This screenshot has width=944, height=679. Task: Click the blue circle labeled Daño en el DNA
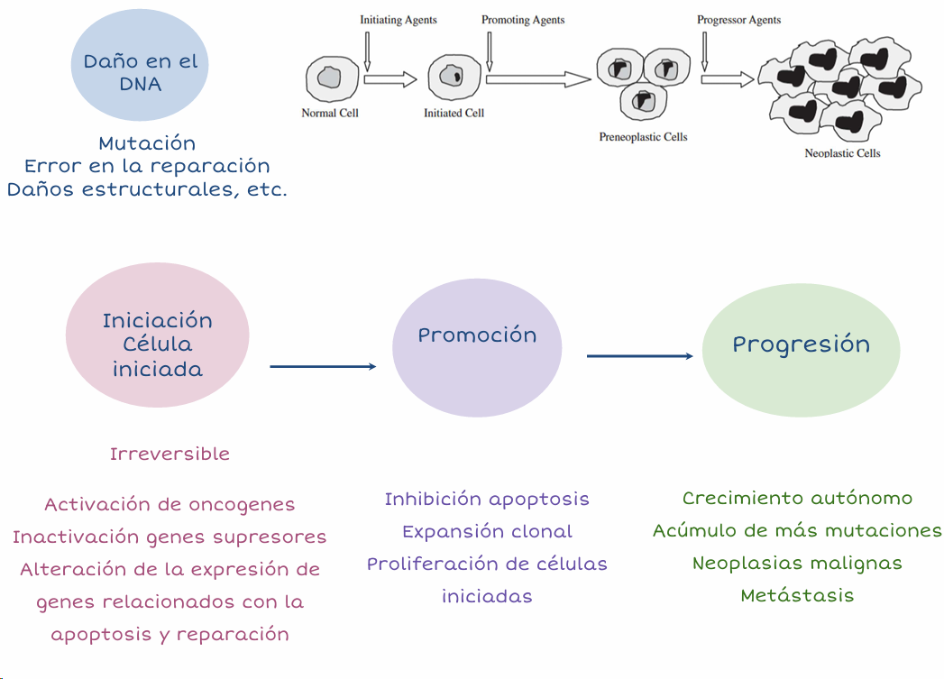click(x=140, y=72)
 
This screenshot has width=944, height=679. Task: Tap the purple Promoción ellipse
click(x=477, y=347)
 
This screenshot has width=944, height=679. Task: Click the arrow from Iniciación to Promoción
click(x=322, y=366)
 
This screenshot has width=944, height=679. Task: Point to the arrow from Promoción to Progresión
click(x=639, y=356)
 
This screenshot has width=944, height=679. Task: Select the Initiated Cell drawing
click(x=448, y=77)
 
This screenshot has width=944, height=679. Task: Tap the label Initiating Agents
click(x=399, y=20)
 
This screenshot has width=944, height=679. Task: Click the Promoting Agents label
click(x=523, y=20)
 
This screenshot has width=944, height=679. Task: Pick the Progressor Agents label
click(x=738, y=20)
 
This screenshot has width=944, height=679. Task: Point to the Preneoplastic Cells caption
click(x=643, y=137)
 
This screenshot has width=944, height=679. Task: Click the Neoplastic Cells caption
click(x=842, y=153)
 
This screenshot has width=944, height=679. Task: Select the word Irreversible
click(x=170, y=454)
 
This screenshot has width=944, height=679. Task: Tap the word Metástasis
click(x=797, y=595)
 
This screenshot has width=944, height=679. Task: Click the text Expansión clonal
click(x=487, y=531)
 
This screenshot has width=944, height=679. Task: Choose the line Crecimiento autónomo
click(x=797, y=498)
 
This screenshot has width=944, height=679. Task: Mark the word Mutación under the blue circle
click(x=147, y=142)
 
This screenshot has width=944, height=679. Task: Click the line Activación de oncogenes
click(x=170, y=504)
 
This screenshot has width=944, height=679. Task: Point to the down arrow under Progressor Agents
click(x=704, y=50)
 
